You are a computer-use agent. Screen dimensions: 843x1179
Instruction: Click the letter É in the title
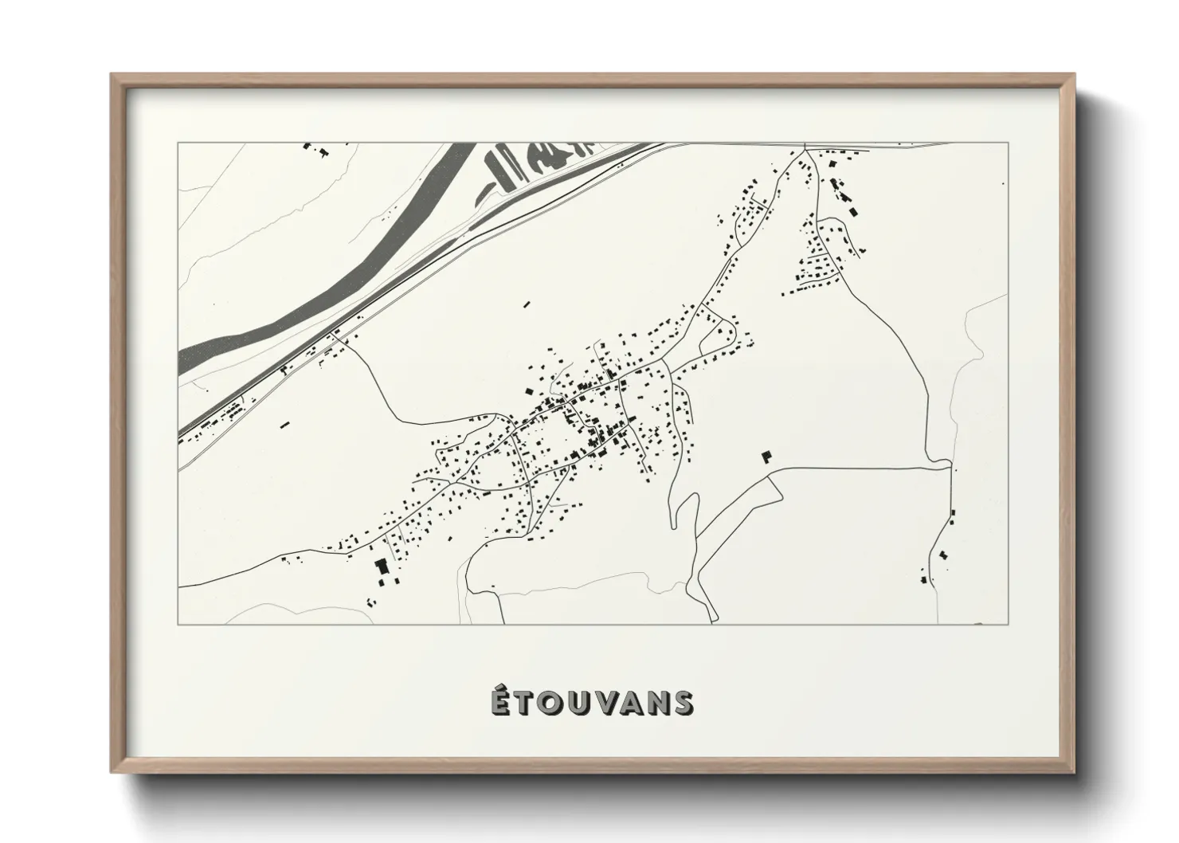[x=499, y=702]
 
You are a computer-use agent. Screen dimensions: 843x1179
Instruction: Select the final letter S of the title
[x=681, y=703]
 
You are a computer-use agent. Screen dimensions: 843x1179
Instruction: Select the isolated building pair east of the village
[x=767, y=456]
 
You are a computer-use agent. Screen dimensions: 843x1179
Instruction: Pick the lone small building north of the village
[x=526, y=304]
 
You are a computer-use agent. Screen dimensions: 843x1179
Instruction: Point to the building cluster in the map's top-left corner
[x=315, y=149]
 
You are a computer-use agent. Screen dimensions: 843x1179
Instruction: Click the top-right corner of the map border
[x=1009, y=143]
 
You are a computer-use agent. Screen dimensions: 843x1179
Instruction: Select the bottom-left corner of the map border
[x=178, y=624]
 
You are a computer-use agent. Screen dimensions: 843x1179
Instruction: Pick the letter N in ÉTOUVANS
[x=655, y=703]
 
